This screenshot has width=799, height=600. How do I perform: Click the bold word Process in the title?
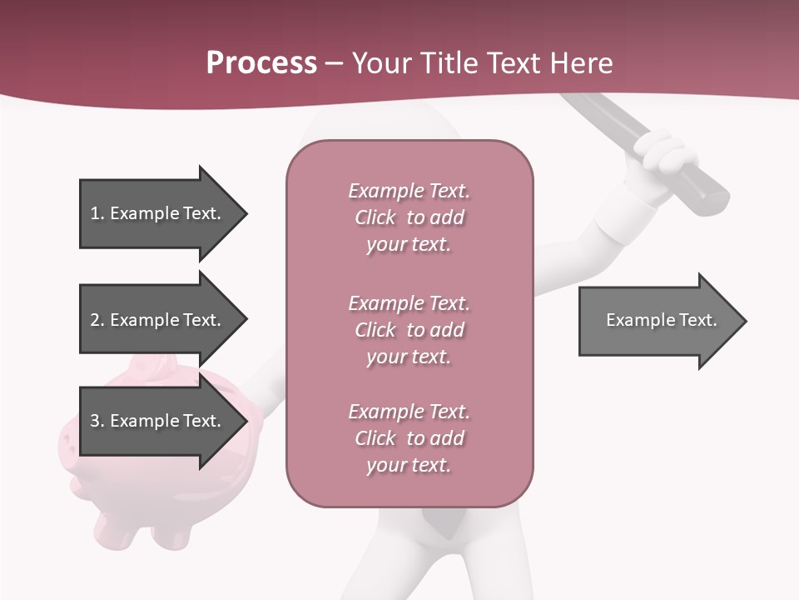[261, 63]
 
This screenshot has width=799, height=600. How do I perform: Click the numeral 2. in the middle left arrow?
[97, 320]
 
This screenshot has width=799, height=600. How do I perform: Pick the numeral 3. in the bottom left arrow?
[97, 421]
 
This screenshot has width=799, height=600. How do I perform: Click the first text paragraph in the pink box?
[409, 217]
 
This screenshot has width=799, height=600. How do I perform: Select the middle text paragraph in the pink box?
[409, 330]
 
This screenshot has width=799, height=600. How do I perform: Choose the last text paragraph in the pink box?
[409, 438]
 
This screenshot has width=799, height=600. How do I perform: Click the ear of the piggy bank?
[158, 367]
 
